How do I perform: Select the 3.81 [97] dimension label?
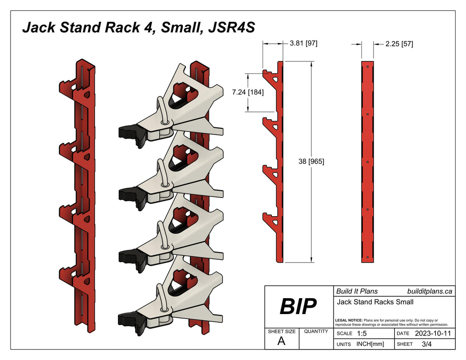pyautogui.click(x=303, y=44)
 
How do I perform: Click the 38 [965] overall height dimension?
pyautogui.click(x=311, y=161)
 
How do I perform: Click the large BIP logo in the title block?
pyautogui.click(x=298, y=307)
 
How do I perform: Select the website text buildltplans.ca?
pyautogui.click(x=429, y=291)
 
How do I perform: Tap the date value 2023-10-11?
pyautogui.click(x=433, y=334)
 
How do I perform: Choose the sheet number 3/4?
pyautogui.click(x=427, y=345)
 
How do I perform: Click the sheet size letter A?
pyautogui.click(x=282, y=341)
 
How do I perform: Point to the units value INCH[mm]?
pyautogui.click(x=370, y=345)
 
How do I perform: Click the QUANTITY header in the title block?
pyautogui.click(x=316, y=331)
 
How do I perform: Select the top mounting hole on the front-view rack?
pyautogui.click(x=367, y=66)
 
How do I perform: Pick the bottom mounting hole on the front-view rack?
pyautogui.click(x=367, y=258)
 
